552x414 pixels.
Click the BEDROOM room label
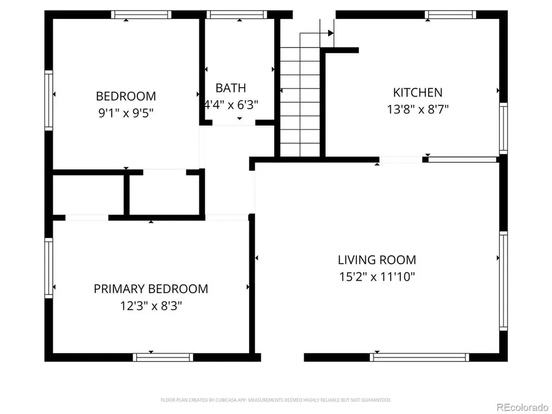click(126, 96)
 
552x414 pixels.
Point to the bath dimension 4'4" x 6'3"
click(231, 104)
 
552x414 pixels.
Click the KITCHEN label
click(417, 93)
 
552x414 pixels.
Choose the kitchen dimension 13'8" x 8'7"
click(417, 109)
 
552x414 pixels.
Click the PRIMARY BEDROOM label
click(150, 289)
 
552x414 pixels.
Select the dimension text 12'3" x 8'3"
click(150, 305)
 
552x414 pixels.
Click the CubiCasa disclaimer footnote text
click(275, 400)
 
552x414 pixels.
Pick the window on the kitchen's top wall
click(451, 14)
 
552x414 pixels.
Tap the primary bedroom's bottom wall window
click(163, 356)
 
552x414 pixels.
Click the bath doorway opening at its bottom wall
click(233, 123)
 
